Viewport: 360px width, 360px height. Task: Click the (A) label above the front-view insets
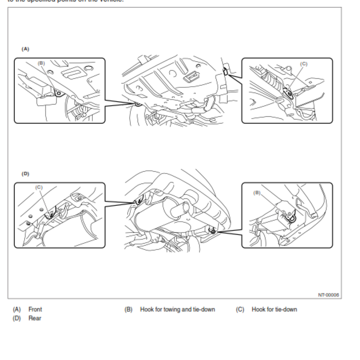(x=25, y=48)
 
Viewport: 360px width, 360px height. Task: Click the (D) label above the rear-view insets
(x=25, y=173)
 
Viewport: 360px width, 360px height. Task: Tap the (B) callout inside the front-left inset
(x=42, y=63)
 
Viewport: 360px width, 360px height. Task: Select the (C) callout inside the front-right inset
(x=304, y=64)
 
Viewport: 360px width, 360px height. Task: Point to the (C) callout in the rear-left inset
(x=40, y=187)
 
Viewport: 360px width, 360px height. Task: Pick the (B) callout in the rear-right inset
(x=257, y=193)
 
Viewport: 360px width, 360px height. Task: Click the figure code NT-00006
(x=328, y=295)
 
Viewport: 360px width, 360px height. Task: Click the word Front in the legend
(x=35, y=310)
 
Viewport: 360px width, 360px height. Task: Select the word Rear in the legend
(x=35, y=319)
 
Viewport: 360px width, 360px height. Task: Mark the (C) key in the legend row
(x=240, y=310)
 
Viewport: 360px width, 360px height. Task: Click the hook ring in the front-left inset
(x=58, y=93)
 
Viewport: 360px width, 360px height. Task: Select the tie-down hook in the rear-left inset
(x=51, y=213)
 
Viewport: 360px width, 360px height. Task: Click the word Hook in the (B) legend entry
(x=147, y=310)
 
